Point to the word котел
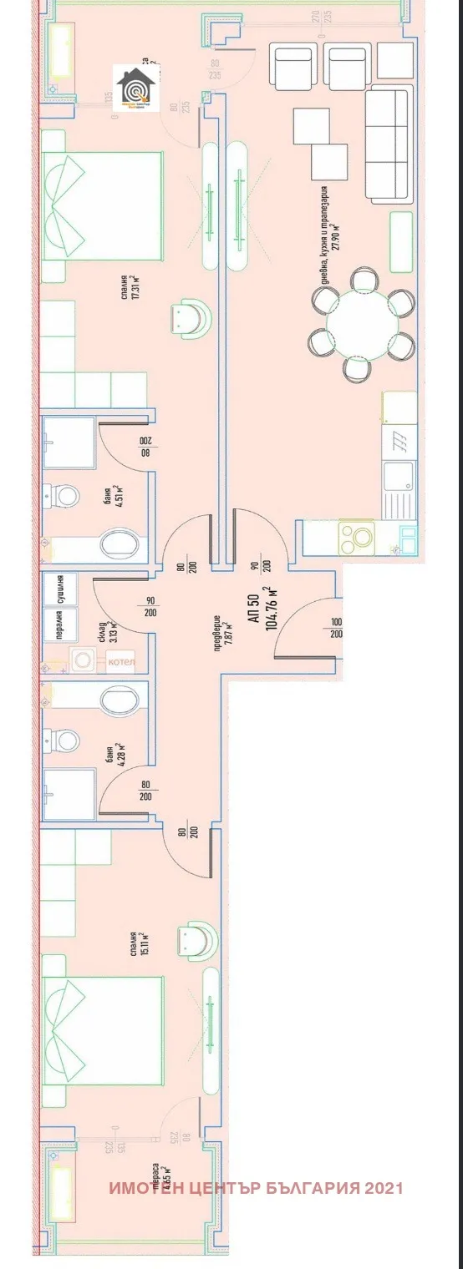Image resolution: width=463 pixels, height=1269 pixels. point(120,662)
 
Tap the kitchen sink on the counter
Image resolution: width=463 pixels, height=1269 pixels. point(396,483)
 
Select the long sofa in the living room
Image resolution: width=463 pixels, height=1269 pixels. point(390,143)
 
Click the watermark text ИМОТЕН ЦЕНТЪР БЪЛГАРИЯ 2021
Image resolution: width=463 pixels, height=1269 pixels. point(256,1188)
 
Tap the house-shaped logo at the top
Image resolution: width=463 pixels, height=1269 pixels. point(133,89)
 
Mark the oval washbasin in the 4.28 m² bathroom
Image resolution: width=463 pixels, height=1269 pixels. point(117,698)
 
